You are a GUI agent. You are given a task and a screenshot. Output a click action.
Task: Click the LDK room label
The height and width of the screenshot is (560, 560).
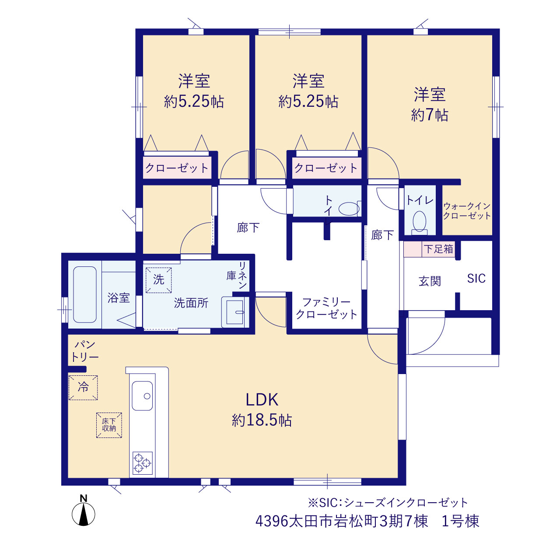pos(262,399)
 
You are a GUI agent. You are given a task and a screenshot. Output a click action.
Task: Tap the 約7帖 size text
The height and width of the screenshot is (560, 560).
pos(430,115)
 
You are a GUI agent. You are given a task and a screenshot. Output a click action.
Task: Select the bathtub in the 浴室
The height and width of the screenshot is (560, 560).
pos(85,294)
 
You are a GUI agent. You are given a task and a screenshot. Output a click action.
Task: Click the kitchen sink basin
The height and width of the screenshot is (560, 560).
pos(142,395)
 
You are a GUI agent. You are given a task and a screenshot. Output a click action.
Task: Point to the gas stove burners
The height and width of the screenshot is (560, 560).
pos(142,463)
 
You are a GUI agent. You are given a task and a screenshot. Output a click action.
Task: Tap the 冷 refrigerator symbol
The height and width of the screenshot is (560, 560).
pos(83,388)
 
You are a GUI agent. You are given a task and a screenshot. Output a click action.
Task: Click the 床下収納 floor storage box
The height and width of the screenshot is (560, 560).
pos(109,425)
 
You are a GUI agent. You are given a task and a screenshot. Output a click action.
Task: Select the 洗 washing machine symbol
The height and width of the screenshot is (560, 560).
pos(159,280)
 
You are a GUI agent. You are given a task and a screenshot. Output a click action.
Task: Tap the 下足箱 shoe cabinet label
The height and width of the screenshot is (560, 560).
pos(438,249)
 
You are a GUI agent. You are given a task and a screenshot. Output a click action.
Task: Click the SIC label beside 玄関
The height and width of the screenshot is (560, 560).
pos(476,279)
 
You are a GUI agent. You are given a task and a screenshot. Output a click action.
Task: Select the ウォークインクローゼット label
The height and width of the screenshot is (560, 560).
pos(467,211)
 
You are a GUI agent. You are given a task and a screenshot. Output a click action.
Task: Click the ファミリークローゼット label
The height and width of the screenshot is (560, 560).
pos(327,308)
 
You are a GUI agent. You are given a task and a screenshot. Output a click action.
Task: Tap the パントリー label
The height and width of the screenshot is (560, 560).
pos(85,352)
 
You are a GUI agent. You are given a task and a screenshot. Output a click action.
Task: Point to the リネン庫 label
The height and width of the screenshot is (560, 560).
pos(237,275)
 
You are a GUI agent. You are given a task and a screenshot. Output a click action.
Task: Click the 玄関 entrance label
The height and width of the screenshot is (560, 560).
pos(430,281)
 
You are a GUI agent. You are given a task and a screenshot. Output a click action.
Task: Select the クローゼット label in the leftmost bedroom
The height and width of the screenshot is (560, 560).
pos(177,168)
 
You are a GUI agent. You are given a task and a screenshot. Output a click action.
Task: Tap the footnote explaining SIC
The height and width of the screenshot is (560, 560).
pos(388,502)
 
